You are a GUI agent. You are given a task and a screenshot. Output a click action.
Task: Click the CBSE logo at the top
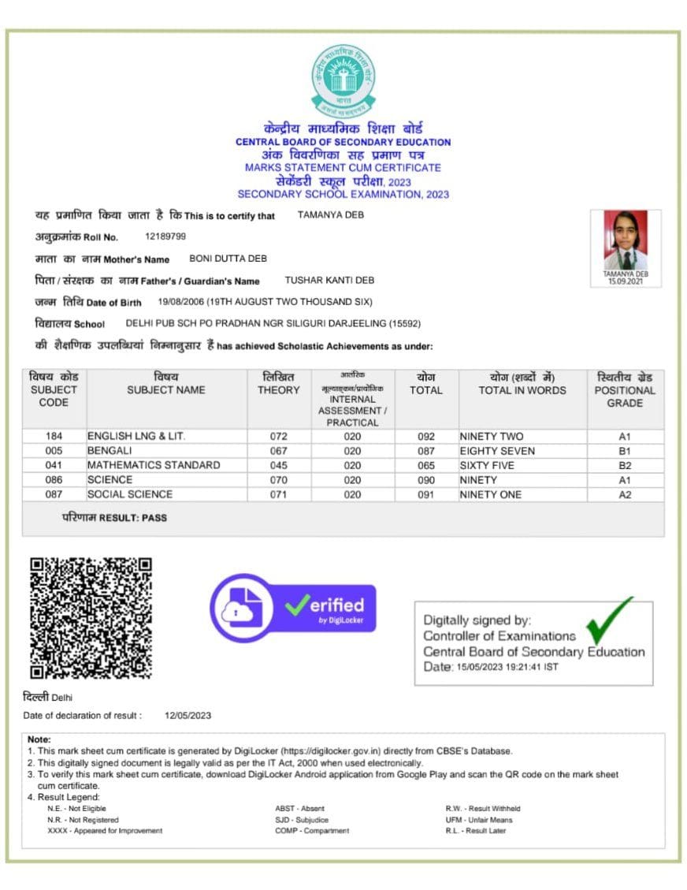[343, 80]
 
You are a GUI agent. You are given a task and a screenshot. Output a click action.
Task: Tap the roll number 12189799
[165, 236]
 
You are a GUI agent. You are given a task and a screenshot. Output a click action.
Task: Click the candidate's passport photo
[626, 241]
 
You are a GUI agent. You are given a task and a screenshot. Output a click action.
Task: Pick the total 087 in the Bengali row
[426, 451]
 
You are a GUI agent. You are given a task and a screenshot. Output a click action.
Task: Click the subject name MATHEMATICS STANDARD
[154, 465]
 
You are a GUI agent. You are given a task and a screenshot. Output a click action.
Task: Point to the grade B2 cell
[625, 466]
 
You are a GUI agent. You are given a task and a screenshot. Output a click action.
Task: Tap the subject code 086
[54, 480]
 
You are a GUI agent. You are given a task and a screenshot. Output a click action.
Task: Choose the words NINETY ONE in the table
[490, 495]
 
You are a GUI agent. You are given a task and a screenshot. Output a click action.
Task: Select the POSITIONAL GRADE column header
[625, 390]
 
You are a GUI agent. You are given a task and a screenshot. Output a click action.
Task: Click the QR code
[91, 618]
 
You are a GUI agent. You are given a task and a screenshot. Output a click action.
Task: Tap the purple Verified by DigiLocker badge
[292, 608]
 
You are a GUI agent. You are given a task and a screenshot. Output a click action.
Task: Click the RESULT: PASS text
[114, 518]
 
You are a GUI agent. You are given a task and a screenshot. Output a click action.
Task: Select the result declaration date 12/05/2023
[188, 716]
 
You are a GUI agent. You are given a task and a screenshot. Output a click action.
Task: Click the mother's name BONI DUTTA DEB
[228, 259]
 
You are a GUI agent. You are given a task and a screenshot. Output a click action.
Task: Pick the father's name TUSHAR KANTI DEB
[329, 281]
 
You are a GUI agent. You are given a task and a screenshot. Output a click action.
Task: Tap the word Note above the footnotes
[39, 740]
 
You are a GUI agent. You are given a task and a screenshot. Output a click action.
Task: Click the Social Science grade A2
[625, 495]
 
